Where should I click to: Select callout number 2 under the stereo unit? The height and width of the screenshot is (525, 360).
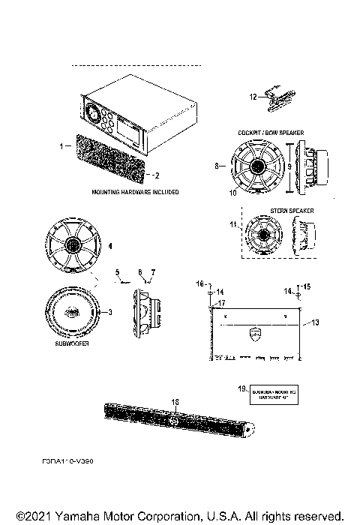(x=157, y=176)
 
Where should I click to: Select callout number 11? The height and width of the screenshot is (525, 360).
(x=233, y=223)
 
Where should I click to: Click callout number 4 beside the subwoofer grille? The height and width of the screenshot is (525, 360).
(x=110, y=245)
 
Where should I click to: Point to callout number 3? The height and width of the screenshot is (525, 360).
(x=112, y=312)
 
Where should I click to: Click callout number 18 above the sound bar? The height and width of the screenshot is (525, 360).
(x=175, y=403)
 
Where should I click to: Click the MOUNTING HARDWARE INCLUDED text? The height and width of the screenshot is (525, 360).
(x=135, y=192)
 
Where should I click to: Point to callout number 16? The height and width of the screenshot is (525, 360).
(x=200, y=284)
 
